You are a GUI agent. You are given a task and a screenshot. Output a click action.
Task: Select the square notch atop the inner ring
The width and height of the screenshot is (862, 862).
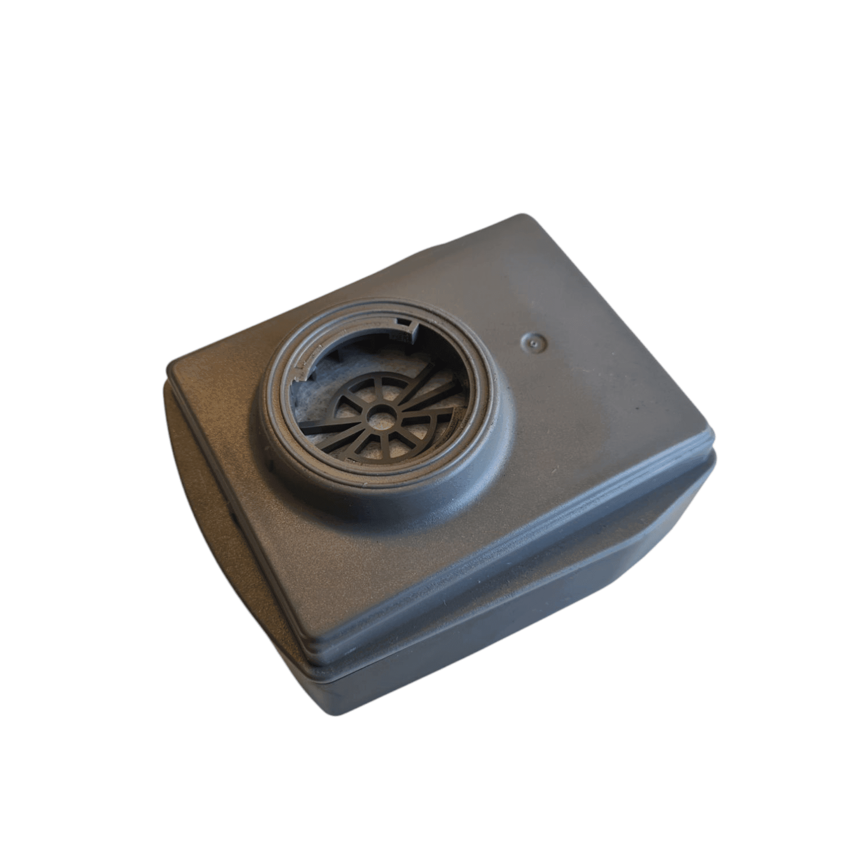pos(405,321)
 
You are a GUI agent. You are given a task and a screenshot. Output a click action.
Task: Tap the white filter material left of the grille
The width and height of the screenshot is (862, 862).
pos(308,397)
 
